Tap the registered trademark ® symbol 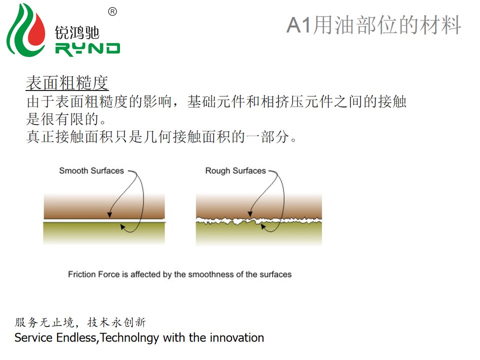pyautogui.click(x=112, y=11)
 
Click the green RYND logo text pyautogui.click(x=87, y=49)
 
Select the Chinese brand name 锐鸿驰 pyautogui.click(x=77, y=32)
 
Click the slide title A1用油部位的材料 pyautogui.click(x=374, y=25)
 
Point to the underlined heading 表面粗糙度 pyautogui.click(x=67, y=83)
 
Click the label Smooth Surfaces pyautogui.click(x=91, y=170)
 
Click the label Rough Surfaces pyautogui.click(x=235, y=170)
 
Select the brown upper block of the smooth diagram pyautogui.click(x=104, y=206)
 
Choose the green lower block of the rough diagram pyautogui.click(x=259, y=234)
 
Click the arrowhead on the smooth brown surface pyautogui.click(x=109, y=215)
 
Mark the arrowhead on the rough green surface pyautogui.click(x=263, y=226)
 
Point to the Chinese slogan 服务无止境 pyautogui.click(x=44, y=322)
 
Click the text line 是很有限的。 pyautogui.click(x=66, y=119)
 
